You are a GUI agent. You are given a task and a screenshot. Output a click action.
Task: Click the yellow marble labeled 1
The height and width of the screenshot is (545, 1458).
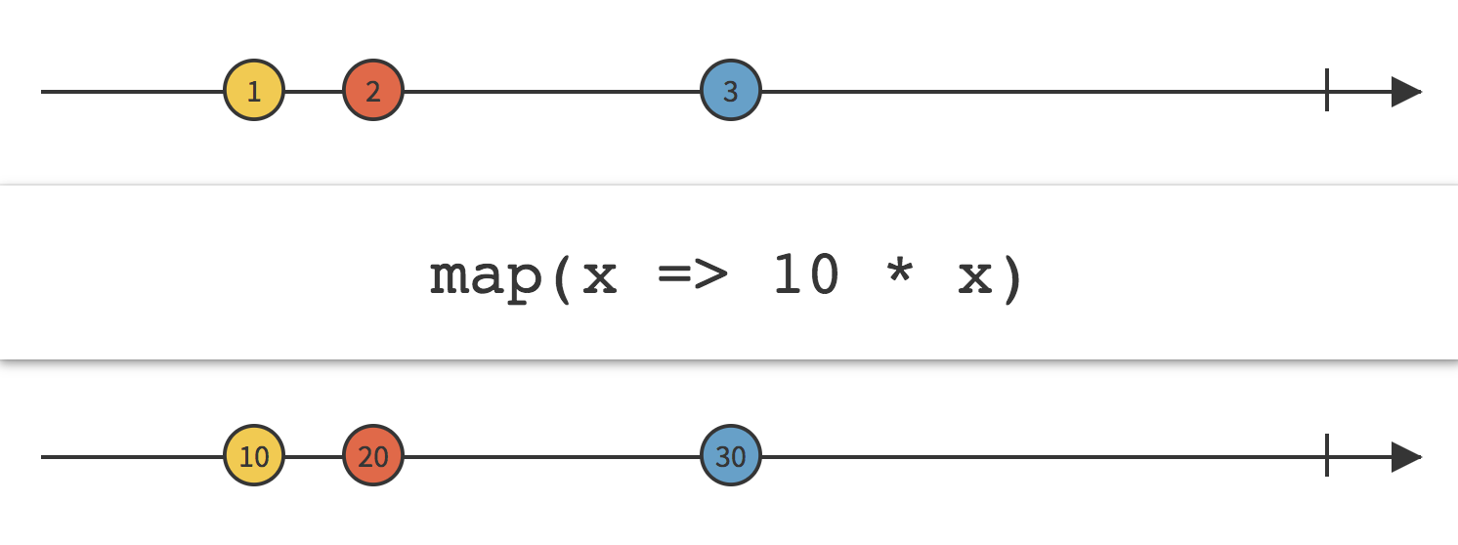pyautogui.click(x=254, y=91)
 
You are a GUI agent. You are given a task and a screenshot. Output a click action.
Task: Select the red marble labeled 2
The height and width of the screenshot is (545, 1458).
pyautogui.click(x=373, y=91)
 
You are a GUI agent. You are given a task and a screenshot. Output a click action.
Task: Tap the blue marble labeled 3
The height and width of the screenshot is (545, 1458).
pyautogui.click(x=731, y=91)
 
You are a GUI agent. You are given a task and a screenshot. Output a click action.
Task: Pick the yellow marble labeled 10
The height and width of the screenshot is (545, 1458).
pyautogui.click(x=254, y=456)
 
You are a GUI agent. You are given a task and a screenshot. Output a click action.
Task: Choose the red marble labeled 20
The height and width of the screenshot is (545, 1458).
pyautogui.click(x=373, y=456)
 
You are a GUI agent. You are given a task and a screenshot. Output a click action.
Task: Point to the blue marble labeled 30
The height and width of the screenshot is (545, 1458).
pyautogui.click(x=731, y=456)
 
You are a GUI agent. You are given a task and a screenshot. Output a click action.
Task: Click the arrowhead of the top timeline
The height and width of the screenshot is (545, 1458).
pyautogui.click(x=1406, y=92)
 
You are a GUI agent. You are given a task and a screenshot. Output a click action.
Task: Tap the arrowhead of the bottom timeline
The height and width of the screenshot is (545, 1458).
pyautogui.click(x=1406, y=457)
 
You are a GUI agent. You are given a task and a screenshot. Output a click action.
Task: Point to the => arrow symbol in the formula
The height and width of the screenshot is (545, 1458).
pyautogui.click(x=693, y=274)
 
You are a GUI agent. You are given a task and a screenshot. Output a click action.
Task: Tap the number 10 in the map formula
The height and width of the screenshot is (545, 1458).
pyautogui.click(x=806, y=274)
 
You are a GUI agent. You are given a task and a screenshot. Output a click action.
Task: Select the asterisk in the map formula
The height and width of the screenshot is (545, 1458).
pyautogui.click(x=900, y=272)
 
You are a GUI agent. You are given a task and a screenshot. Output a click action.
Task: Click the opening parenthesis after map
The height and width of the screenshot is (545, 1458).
pyautogui.click(x=562, y=278)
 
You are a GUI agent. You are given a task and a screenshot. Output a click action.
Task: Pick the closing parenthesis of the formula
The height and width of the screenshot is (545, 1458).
pyautogui.click(x=1012, y=278)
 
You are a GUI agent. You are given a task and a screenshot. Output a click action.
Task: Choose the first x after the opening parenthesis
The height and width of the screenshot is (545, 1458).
pyautogui.click(x=599, y=277)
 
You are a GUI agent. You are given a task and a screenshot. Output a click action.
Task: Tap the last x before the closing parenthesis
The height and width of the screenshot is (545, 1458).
pyautogui.click(x=975, y=277)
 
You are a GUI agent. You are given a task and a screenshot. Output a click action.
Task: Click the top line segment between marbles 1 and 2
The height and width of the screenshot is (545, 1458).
pyautogui.click(x=314, y=92)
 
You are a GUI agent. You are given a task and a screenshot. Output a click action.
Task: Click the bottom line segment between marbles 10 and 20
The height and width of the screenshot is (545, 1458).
pyautogui.click(x=314, y=457)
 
